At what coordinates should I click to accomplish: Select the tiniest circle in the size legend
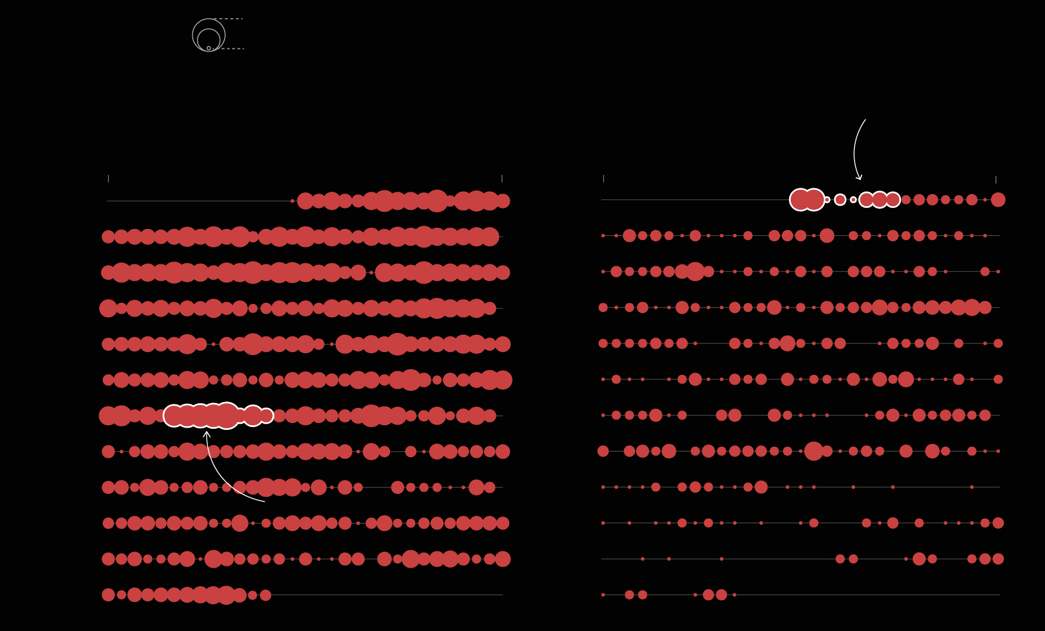(x=209, y=48)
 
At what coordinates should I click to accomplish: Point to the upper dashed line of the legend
(x=229, y=19)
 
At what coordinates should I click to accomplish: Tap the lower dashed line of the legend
(x=229, y=49)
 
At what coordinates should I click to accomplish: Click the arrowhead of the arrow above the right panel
(x=859, y=178)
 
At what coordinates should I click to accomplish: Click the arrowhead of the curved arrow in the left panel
(x=207, y=433)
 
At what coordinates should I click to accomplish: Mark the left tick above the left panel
(x=108, y=178)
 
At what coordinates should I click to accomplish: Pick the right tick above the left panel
(x=502, y=178)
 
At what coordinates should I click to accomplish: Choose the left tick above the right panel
(x=604, y=178)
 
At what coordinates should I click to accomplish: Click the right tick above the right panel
(x=996, y=180)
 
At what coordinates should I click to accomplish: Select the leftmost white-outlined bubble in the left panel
(x=174, y=415)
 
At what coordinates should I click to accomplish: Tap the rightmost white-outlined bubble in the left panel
(x=266, y=415)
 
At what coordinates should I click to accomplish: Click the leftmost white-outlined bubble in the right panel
(x=801, y=200)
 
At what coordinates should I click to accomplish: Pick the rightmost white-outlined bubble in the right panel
(x=893, y=200)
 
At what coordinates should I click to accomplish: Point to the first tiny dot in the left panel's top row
(x=293, y=201)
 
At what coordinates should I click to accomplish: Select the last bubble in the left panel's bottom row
(x=266, y=595)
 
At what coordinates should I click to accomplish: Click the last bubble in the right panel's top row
(x=998, y=200)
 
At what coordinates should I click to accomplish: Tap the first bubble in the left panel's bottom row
(x=109, y=595)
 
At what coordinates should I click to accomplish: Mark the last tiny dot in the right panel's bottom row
(x=734, y=595)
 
